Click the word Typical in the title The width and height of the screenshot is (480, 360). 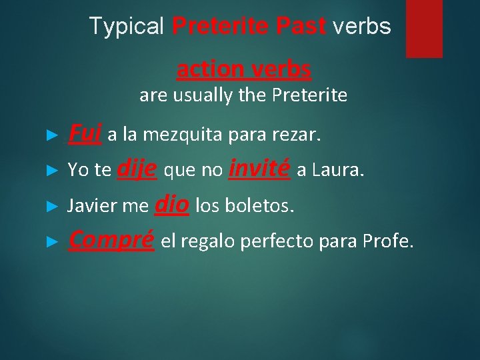coord(126,26)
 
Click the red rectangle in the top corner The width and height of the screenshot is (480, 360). coord(424,28)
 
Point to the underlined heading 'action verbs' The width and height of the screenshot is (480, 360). coord(243,69)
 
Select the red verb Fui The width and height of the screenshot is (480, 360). coord(85,135)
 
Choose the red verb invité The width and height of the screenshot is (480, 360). coord(259,169)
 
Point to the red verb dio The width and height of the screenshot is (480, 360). coord(173,204)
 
